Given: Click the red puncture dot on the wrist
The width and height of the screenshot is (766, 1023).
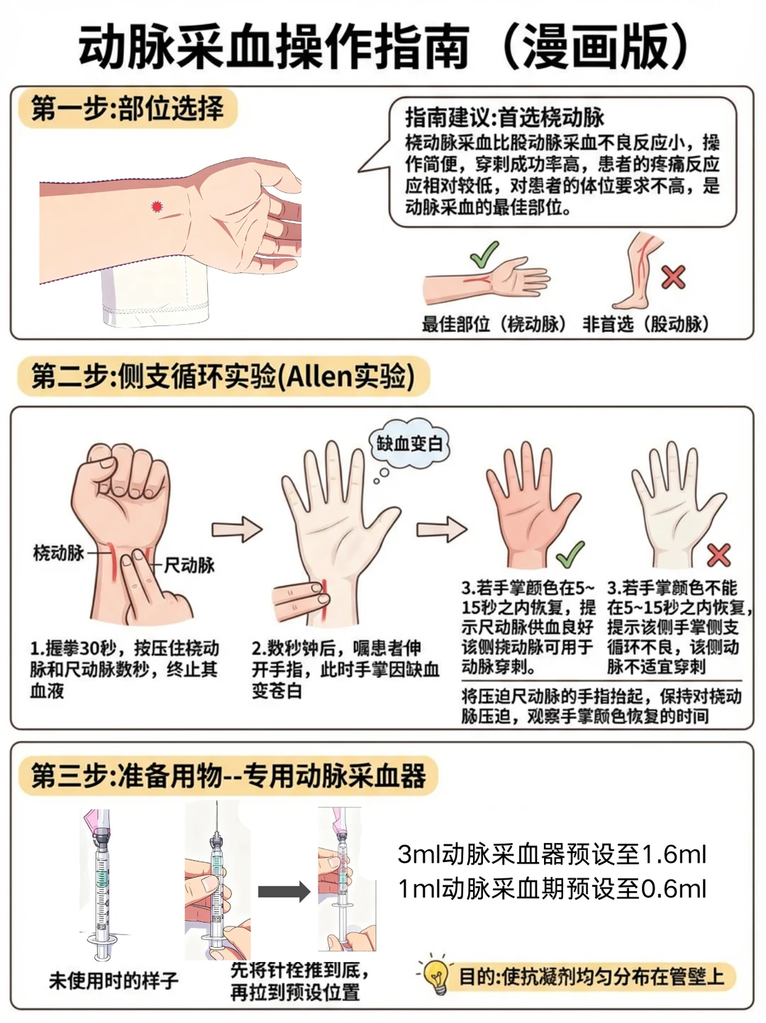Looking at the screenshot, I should tap(157, 207).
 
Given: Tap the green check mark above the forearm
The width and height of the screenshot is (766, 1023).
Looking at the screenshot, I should tap(484, 255).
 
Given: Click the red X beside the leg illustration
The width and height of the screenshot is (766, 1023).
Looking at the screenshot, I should tap(672, 276).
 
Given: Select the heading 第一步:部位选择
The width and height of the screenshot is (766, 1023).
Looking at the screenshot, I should tap(128, 108).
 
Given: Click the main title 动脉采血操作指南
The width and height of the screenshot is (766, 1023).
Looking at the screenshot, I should tap(274, 47).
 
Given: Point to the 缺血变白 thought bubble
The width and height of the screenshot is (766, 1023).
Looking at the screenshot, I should tap(409, 445).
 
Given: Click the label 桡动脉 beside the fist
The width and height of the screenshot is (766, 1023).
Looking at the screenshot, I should tap(59, 553).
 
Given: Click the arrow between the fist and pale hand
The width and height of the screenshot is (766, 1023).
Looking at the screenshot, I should tap(237, 529).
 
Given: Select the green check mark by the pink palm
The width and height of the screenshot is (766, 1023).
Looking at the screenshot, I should tap(570, 554).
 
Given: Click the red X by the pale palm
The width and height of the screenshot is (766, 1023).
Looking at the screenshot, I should tap(718, 554).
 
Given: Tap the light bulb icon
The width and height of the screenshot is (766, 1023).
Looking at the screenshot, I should tap(435, 976).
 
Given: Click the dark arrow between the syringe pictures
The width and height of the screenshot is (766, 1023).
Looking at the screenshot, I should tap(284, 891).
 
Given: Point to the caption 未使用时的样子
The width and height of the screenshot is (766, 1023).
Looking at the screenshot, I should tap(113, 980).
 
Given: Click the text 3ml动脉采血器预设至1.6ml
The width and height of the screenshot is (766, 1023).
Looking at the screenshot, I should tap(552, 854).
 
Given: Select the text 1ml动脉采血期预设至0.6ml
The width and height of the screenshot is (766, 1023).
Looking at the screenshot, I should tap(552, 888).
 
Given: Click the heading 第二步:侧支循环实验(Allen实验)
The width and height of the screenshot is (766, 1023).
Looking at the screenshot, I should tap(223, 376).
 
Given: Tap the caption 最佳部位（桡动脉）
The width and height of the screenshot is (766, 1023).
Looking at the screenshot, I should tap(494, 325).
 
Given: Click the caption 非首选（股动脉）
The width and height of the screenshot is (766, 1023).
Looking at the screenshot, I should tap(645, 325).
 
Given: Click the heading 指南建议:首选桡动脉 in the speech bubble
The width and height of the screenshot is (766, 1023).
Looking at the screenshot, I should tap(504, 117).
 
